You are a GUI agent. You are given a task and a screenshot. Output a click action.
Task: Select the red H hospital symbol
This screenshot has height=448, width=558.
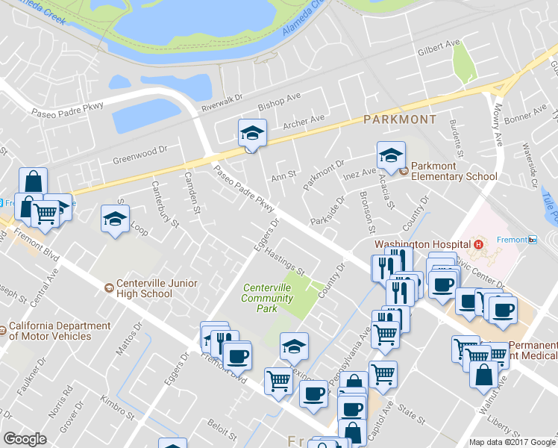(478, 244)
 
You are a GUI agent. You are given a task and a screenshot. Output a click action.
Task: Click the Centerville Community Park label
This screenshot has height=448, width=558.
(266, 298)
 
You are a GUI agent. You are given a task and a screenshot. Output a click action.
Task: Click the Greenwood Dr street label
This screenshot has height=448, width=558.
(137, 157)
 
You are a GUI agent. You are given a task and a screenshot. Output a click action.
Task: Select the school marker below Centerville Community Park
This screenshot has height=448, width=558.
(294, 346)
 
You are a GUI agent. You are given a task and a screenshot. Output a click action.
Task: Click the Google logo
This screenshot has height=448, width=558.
(25, 439)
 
